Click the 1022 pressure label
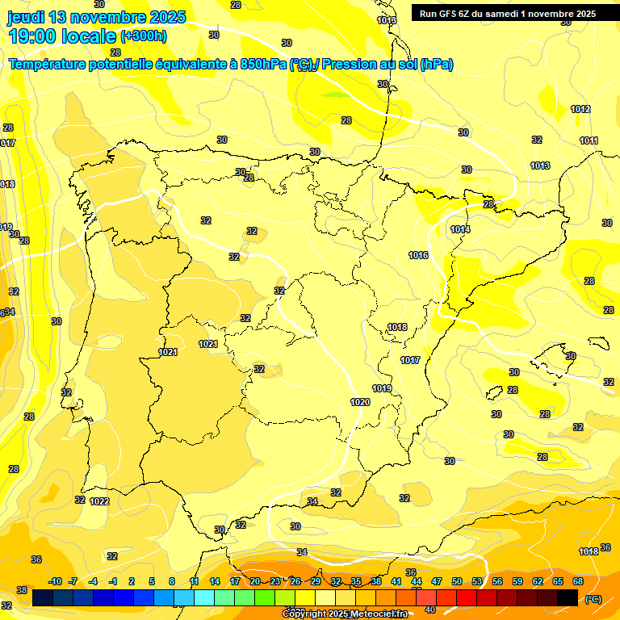(100, 501)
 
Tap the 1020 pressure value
(360, 402)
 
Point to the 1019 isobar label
(382, 388)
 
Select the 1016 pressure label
(418, 255)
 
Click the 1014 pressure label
(460, 230)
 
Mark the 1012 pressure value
(580, 109)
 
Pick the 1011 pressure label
(589, 140)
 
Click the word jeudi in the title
(26, 17)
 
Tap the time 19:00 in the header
(33, 36)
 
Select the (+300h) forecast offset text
(144, 36)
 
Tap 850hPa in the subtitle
(263, 65)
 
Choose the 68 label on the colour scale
(578, 581)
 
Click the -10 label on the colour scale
(55, 581)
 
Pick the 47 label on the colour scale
(437, 581)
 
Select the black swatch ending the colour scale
(568, 597)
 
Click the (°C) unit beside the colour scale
(593, 598)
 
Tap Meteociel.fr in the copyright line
(377, 614)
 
